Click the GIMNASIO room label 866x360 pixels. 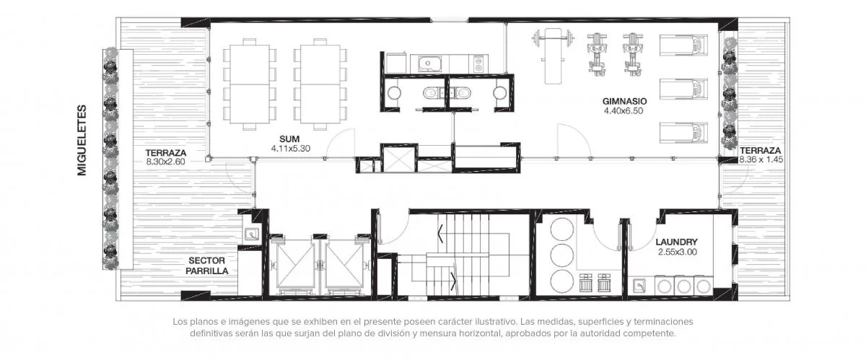click(x=624, y=101)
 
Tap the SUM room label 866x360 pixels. click(x=289, y=139)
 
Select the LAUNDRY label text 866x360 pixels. click(x=677, y=242)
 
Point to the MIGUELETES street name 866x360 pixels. click(x=82, y=140)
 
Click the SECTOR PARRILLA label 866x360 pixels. click(x=207, y=265)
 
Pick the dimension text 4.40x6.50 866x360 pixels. click(x=624, y=111)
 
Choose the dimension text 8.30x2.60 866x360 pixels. click(x=165, y=162)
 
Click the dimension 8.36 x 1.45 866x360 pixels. click(x=761, y=159)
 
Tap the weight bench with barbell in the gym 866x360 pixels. click(x=553, y=56)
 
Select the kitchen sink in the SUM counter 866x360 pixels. click(x=429, y=63)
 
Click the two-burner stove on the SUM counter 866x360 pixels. click(x=478, y=63)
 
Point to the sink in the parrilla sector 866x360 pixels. click(x=252, y=234)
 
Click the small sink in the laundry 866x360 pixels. click(x=640, y=286)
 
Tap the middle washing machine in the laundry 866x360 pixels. click(x=683, y=286)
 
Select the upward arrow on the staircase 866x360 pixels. click(x=440, y=234)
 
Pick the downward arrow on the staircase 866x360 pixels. click(x=453, y=282)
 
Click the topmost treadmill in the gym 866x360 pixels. click(x=683, y=45)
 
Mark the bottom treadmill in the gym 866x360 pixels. click(x=683, y=133)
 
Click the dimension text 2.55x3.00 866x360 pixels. click(x=678, y=252)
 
